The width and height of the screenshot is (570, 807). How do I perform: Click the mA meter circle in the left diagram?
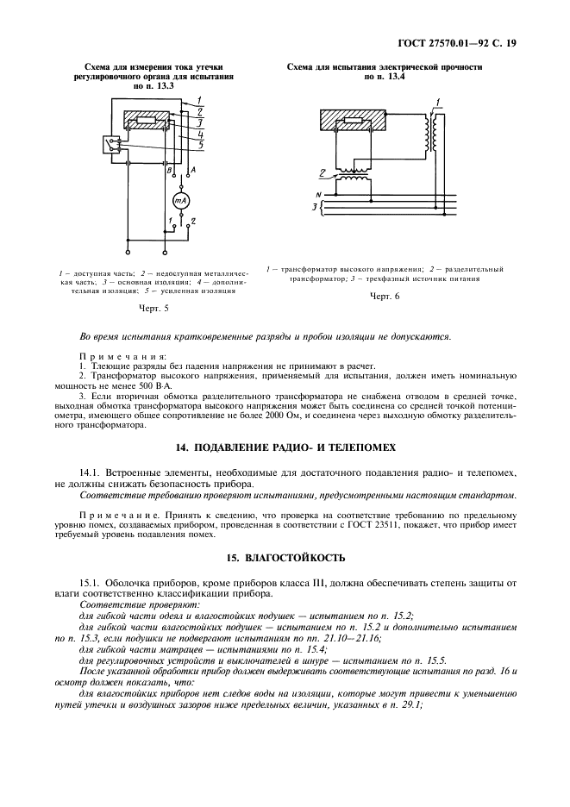coord(181,200)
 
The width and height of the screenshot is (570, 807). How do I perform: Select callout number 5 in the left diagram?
coord(200,145)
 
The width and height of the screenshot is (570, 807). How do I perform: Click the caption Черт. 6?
coord(385,296)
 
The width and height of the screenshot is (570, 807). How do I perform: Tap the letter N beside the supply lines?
coord(318,195)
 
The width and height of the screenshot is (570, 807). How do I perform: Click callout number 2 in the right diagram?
coord(323,172)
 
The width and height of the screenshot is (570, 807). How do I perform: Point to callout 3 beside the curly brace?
coord(314,208)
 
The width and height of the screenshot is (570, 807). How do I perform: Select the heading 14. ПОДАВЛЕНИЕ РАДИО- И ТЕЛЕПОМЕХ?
coord(285,448)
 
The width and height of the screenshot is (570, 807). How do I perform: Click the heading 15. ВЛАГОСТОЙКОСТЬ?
coord(285,558)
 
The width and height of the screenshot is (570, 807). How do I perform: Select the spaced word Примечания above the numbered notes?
coord(122,356)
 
